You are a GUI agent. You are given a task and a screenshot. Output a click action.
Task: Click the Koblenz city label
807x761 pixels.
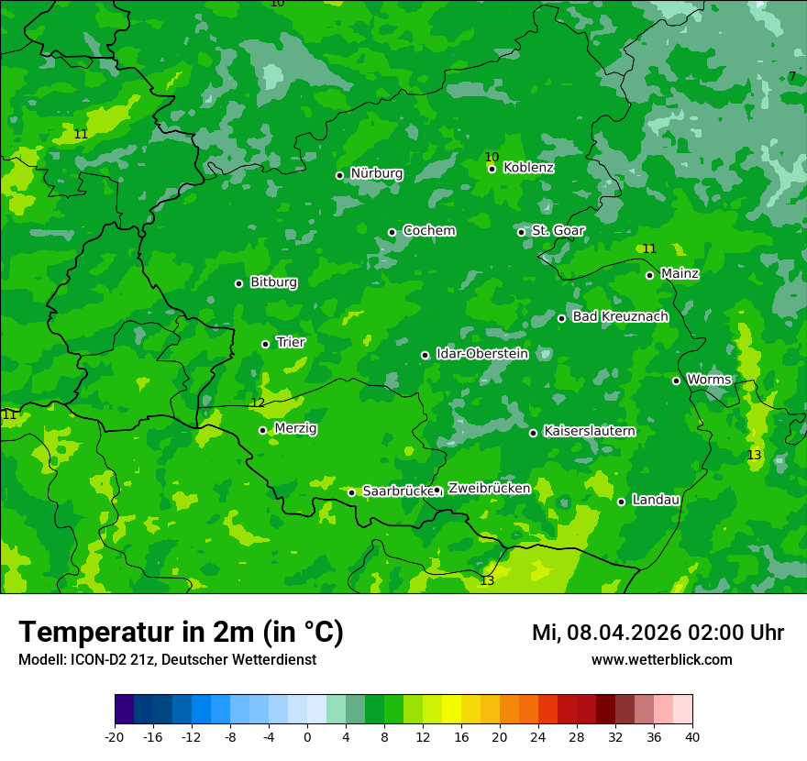pos(528,168)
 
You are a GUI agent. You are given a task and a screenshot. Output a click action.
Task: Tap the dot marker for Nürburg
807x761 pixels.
pos(339,175)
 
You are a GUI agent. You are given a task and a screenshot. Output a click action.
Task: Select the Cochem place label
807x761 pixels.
pos(428,231)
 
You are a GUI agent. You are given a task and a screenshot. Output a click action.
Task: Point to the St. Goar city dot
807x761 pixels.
pos(521,232)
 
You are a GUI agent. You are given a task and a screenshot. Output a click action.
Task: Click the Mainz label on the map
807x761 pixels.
pos(680,274)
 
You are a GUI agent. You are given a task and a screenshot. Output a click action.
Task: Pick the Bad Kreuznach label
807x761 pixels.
pos(620,317)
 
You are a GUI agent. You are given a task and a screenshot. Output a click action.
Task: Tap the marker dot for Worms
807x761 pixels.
pos(676,380)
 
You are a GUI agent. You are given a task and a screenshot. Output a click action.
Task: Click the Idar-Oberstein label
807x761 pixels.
pos(481,354)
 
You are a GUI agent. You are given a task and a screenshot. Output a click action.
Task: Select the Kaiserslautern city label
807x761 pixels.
pos(589,431)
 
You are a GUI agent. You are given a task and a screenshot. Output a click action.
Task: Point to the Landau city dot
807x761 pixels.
pos(621,502)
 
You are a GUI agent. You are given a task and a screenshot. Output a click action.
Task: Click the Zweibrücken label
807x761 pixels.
pos(489,489)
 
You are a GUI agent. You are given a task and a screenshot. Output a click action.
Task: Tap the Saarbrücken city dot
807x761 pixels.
pos(351,492)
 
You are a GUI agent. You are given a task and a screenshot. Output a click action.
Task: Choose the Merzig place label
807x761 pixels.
pos(295,429)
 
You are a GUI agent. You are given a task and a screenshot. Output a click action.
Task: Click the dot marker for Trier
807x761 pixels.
pos(265,344)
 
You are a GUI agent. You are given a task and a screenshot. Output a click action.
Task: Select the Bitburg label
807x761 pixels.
pos(273,282)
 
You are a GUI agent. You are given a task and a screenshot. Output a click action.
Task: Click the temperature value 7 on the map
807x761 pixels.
pos(792,77)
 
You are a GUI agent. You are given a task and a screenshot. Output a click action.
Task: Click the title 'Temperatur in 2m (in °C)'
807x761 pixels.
pos(181,633)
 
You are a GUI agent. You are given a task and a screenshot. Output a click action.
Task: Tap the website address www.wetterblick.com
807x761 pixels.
pos(661,660)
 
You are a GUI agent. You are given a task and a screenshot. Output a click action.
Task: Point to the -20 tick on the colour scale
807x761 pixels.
pos(115,737)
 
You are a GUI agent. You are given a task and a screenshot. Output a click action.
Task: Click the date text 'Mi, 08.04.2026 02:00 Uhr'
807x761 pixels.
pos(658,633)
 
